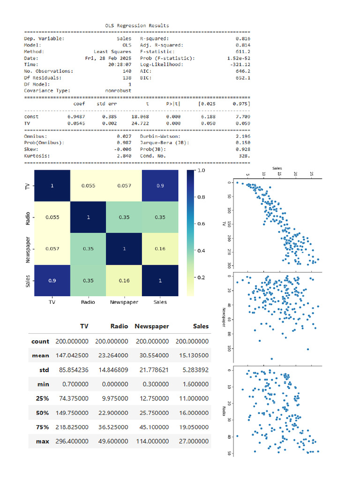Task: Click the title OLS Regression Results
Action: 137,25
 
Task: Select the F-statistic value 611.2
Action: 243,52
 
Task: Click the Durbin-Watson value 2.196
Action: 243,136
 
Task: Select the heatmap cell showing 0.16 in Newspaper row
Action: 160,249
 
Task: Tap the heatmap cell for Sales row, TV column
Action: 52,280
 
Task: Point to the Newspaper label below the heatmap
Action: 124,302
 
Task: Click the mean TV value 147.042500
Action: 72,356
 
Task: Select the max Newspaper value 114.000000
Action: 151,442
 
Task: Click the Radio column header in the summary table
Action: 119,326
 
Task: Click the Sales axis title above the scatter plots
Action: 277,167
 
